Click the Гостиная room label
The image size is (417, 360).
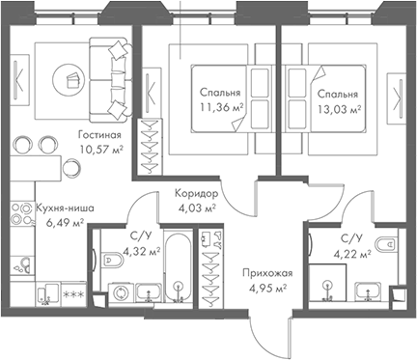[100, 136]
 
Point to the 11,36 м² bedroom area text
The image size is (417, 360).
[220, 108]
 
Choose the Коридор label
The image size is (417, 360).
[194, 193]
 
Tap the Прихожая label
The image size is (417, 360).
[267, 274]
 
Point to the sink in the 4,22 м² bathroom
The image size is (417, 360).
[368, 289]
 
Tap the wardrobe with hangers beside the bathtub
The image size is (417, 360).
[208, 268]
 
